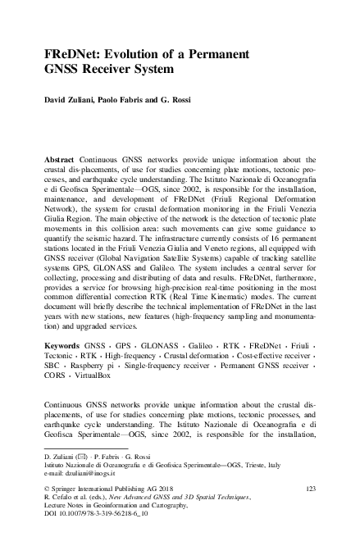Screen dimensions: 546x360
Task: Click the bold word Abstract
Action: (61, 155)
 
